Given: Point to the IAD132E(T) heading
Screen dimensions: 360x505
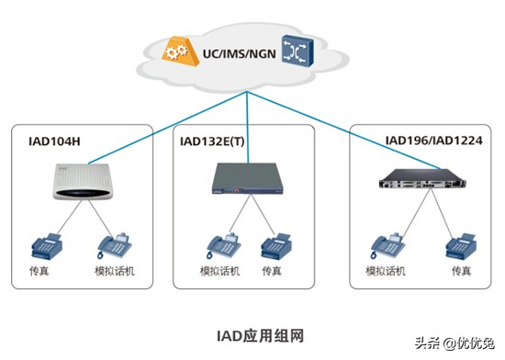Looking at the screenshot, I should (x=213, y=143).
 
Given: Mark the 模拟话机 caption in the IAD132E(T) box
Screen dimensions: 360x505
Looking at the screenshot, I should (x=219, y=272).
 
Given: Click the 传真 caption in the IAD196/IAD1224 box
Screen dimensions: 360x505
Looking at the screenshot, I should (x=459, y=272).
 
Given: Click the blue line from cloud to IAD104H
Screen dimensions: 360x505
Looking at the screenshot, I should (x=147, y=119).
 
